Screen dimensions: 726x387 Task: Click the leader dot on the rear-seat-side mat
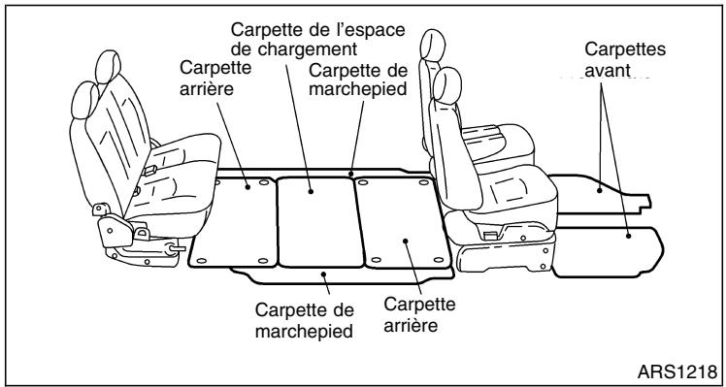click(250, 185)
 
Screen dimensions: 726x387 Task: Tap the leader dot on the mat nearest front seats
click(401, 236)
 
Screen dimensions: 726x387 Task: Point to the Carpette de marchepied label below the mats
click(303, 320)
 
